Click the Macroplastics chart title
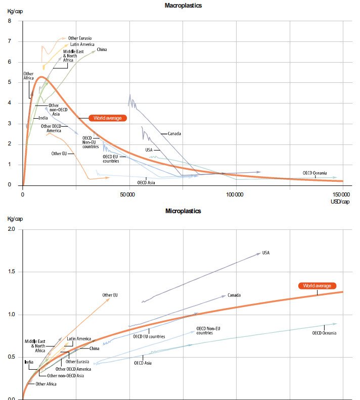tap(183, 5)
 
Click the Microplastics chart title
tap(183, 211)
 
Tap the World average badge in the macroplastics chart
tap(108, 118)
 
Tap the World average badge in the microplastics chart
tap(317, 286)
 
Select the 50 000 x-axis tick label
tap(130, 194)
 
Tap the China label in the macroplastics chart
tap(102, 49)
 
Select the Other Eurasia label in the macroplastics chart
tap(79, 38)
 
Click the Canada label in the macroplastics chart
tap(174, 134)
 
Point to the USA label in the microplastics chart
tap(266, 253)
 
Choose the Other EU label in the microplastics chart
tap(110, 295)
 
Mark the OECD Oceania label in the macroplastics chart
tap(315, 173)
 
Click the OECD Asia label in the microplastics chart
tap(143, 363)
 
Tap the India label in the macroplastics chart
tap(43, 119)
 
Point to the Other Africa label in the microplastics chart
tap(46, 384)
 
